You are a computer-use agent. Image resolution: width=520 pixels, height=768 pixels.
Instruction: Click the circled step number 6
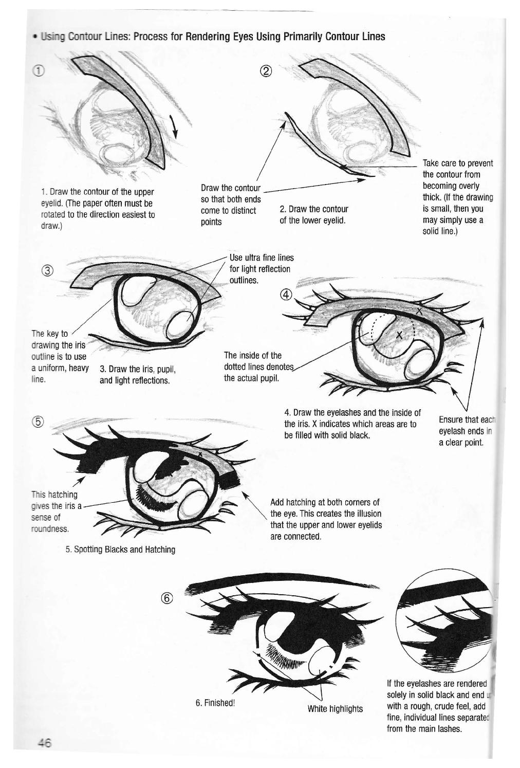point(168,598)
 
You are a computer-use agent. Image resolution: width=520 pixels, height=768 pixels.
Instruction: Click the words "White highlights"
point(335,709)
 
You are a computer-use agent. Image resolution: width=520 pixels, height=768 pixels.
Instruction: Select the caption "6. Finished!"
point(215,703)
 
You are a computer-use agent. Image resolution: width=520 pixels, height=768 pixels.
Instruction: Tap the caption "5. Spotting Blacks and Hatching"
point(120,550)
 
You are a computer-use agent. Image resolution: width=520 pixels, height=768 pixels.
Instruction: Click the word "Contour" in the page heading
point(85,36)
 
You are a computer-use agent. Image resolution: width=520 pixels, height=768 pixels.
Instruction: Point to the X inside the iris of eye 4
point(399,335)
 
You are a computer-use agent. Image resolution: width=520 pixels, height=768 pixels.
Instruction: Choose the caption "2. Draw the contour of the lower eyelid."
point(314,214)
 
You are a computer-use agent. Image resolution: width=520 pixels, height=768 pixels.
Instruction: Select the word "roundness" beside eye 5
point(50,529)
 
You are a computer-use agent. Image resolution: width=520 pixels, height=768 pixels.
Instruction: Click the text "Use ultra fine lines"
point(262,258)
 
